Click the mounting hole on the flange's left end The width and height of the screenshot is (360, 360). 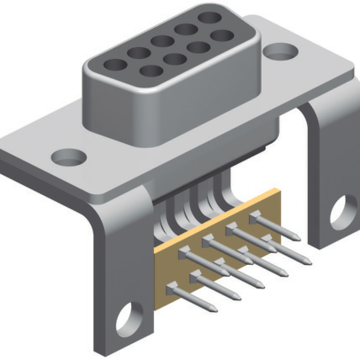click(x=68, y=156)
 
